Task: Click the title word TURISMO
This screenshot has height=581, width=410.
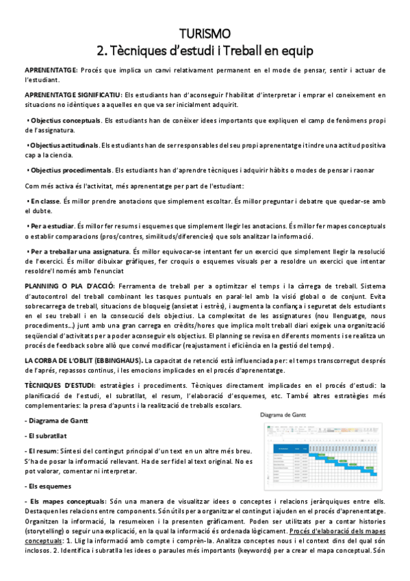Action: point(205,34)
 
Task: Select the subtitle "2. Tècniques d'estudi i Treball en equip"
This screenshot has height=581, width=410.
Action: point(205,49)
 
